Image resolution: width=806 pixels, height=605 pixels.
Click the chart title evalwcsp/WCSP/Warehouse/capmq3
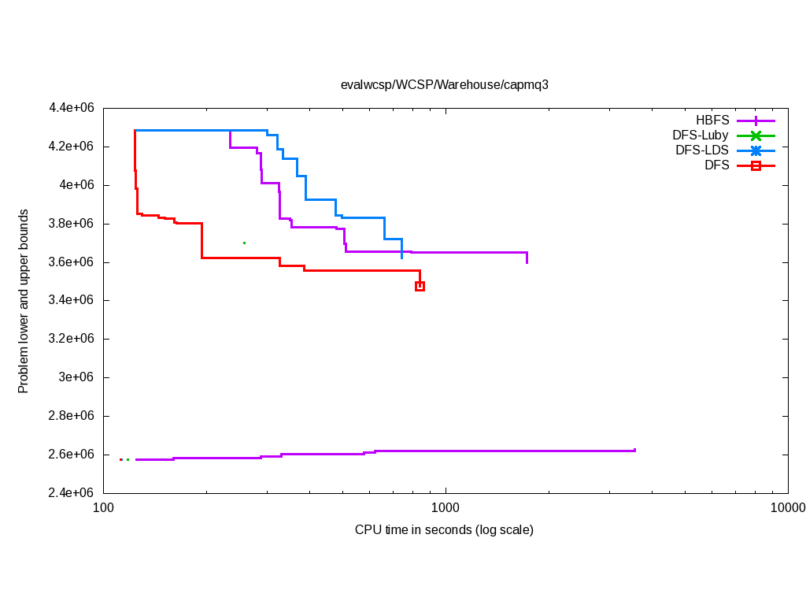(444, 85)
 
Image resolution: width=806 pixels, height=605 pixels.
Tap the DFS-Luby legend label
(700, 135)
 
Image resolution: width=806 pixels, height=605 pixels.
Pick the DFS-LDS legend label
(701, 150)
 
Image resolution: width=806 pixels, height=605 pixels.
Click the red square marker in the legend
(756, 165)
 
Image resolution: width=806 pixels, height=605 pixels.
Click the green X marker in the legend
(756, 135)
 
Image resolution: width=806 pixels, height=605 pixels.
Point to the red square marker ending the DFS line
(420, 286)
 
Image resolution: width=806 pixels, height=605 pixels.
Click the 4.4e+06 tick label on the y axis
(72, 108)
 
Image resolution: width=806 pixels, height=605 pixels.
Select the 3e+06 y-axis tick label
(77, 377)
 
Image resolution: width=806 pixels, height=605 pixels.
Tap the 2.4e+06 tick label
(72, 493)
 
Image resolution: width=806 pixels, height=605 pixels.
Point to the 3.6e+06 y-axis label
(72, 262)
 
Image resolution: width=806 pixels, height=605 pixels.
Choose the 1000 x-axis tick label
(446, 508)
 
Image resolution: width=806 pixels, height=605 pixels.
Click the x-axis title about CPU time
(444, 529)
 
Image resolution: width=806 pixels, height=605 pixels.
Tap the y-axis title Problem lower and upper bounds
(24, 301)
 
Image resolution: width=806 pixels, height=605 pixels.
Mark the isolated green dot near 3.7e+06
(245, 243)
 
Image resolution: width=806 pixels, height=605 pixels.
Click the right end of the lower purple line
(634, 450)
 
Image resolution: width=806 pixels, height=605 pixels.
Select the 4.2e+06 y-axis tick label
(72, 147)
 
